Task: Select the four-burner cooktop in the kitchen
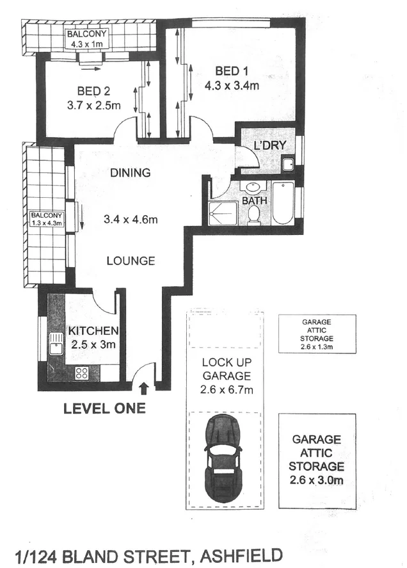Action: (x=81, y=372)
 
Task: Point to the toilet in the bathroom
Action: (x=253, y=215)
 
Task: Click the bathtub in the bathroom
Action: (x=282, y=203)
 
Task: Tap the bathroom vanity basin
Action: (x=253, y=188)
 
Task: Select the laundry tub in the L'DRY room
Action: (x=289, y=164)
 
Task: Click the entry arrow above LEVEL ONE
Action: (x=143, y=387)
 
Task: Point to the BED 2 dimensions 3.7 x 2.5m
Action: (x=93, y=106)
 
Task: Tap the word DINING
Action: (x=130, y=172)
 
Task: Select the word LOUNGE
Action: (x=131, y=261)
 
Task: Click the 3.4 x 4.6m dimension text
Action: (x=131, y=220)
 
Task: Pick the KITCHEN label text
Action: (x=93, y=331)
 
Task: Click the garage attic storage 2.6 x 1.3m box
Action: (x=317, y=334)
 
